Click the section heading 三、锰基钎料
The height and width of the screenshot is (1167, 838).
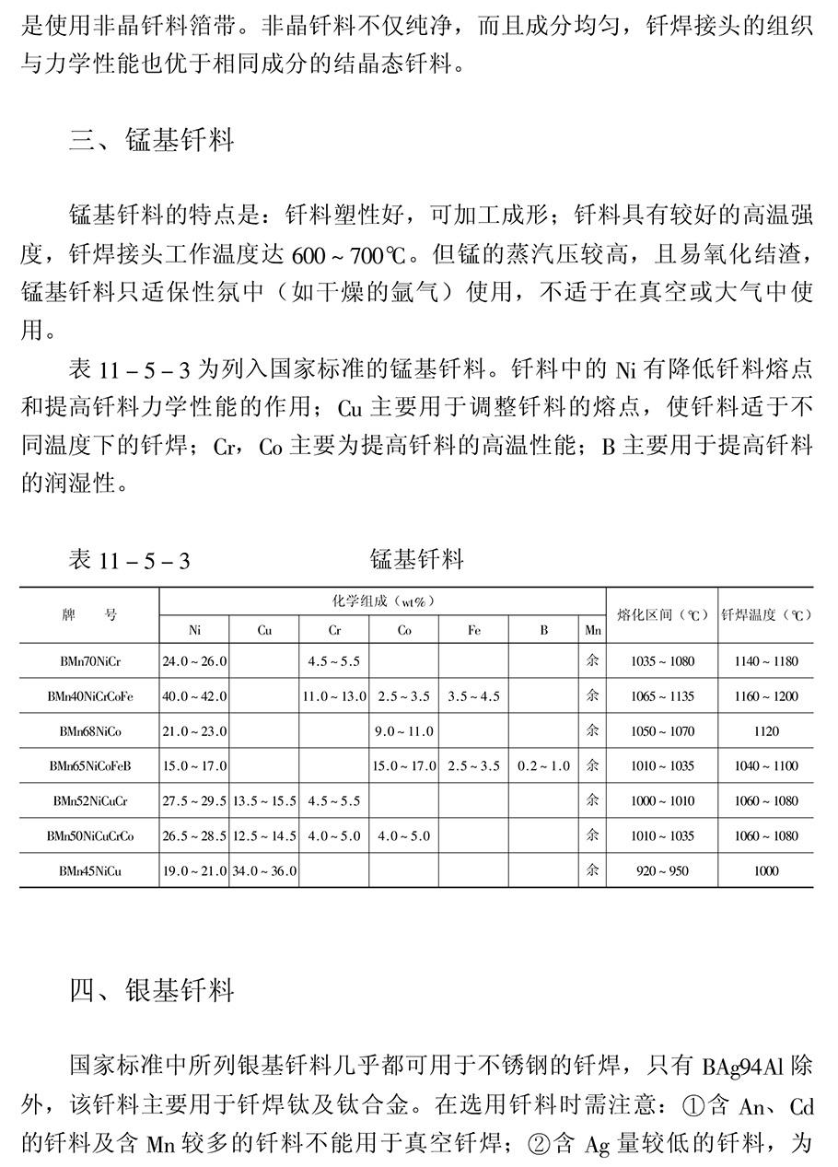coord(152,140)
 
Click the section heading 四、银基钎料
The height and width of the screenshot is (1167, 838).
coord(152,990)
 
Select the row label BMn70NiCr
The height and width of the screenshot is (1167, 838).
coord(89,661)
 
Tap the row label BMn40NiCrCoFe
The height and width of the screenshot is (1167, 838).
coord(89,696)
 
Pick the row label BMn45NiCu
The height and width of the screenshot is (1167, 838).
coord(89,870)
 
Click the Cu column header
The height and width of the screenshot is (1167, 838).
coord(264,630)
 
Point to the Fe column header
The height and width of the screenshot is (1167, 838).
coord(473,630)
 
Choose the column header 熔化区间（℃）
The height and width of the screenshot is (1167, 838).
coord(662,614)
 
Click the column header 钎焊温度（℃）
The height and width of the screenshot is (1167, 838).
coord(766,614)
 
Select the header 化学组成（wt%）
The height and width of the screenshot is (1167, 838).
coord(382,601)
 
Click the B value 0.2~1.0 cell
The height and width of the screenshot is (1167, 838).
coord(543,765)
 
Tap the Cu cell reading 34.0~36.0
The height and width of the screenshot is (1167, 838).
coord(264,870)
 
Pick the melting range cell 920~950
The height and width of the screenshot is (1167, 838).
coord(662,870)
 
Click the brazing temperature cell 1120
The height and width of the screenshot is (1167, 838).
coord(765,731)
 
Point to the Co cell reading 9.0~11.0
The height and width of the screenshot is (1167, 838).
coord(404,731)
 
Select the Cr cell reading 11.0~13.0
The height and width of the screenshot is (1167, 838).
coord(334,696)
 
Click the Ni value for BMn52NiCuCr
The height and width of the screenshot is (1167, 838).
coord(194,800)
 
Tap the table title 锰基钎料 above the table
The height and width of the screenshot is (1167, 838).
coord(416,558)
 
